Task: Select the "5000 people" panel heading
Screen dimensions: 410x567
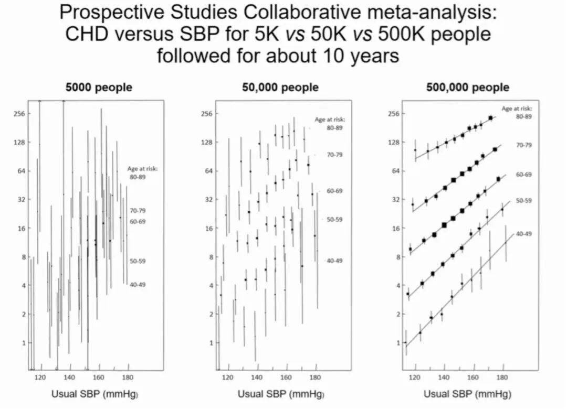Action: [98, 88]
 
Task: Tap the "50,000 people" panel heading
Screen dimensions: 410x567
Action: [280, 88]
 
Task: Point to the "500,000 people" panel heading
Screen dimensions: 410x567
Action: [468, 88]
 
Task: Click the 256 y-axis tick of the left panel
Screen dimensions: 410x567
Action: [19, 114]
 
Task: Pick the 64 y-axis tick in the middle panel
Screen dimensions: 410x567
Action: [207, 171]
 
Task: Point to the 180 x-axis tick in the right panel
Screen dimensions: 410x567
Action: [502, 376]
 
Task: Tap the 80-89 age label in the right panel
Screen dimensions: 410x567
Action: [523, 116]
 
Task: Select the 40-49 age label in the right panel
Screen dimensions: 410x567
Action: [523, 234]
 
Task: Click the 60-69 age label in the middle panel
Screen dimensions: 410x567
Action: [334, 191]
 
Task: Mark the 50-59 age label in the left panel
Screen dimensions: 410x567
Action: [138, 261]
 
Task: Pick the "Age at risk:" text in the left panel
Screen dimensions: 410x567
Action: [143, 169]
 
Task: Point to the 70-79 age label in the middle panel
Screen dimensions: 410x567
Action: [334, 155]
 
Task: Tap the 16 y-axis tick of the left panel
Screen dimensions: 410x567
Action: [20, 228]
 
